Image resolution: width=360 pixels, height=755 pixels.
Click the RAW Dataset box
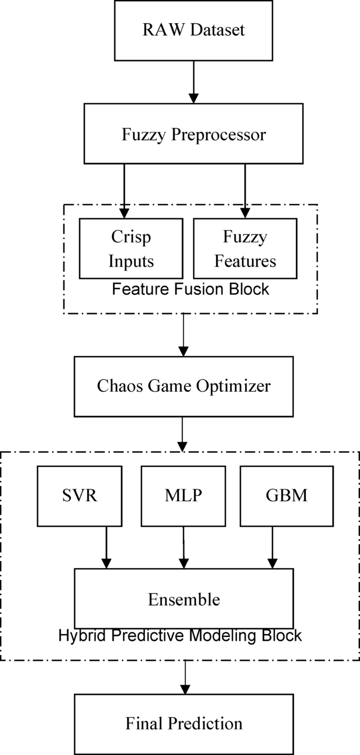pyautogui.click(x=193, y=30)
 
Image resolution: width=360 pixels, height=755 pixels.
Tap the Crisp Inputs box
pyautogui.click(x=130, y=249)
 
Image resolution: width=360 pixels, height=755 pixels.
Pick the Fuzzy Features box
pyautogui.click(x=245, y=249)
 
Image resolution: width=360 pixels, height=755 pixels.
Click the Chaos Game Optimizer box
pyautogui.click(x=183, y=386)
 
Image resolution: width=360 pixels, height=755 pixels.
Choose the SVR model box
pyautogui.click(x=72, y=496)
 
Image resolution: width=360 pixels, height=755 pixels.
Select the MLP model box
pyautogui.click(x=183, y=496)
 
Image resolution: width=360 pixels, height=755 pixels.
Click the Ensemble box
pyautogui.click(x=183, y=599)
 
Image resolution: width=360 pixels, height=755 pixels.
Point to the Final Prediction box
pyautogui.click(x=183, y=723)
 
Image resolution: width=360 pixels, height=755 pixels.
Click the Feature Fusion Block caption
pyautogui.click(x=191, y=289)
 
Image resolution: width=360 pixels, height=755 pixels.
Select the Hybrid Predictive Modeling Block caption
pyautogui.click(x=180, y=636)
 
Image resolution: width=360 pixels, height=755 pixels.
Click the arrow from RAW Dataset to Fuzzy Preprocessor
pyautogui.click(x=193, y=81)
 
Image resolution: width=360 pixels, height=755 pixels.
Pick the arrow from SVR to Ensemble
pyautogui.click(x=107, y=547)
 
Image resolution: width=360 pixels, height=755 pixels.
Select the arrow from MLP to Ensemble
pyautogui.click(x=183, y=547)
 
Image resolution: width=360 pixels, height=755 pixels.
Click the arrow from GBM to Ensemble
pyautogui.click(x=272, y=547)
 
